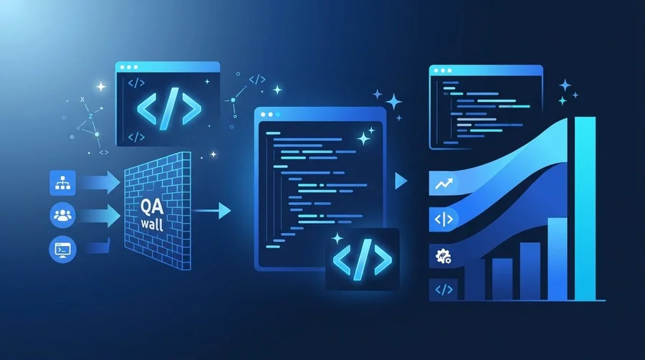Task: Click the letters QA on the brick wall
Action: pos(152,206)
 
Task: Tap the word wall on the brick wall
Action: pos(152,224)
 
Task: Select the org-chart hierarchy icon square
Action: pos(62,183)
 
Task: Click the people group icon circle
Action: pos(62,214)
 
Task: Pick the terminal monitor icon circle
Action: pos(62,250)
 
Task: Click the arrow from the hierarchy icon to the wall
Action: pos(100,182)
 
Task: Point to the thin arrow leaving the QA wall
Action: pos(211,211)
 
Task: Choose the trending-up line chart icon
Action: pos(444,184)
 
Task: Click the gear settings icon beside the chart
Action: pos(443,256)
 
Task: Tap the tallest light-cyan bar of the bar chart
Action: pos(585,209)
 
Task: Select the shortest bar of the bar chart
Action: pos(474,283)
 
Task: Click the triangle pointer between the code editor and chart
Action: pos(401,181)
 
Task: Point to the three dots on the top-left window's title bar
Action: pos(129,67)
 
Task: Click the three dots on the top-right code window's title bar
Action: pos(443,71)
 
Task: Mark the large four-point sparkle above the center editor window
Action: pos(393,102)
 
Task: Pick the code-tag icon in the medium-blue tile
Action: pos(444,219)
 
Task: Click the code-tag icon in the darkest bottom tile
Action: pos(444,290)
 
